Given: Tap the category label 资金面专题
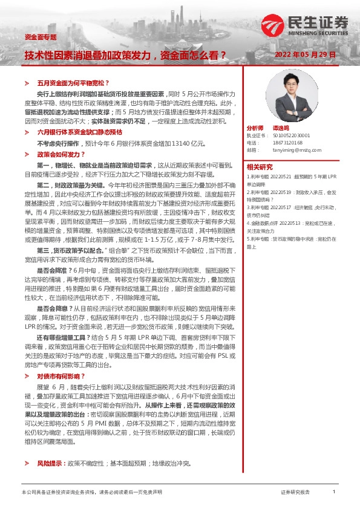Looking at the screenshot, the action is click(x=40, y=37).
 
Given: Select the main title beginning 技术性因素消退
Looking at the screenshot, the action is click(x=125, y=55).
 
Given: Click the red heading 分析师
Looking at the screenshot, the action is click(x=255, y=129).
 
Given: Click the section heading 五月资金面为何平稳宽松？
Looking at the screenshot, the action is click(x=73, y=82).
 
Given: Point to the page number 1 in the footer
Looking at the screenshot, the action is click(x=334, y=492).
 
